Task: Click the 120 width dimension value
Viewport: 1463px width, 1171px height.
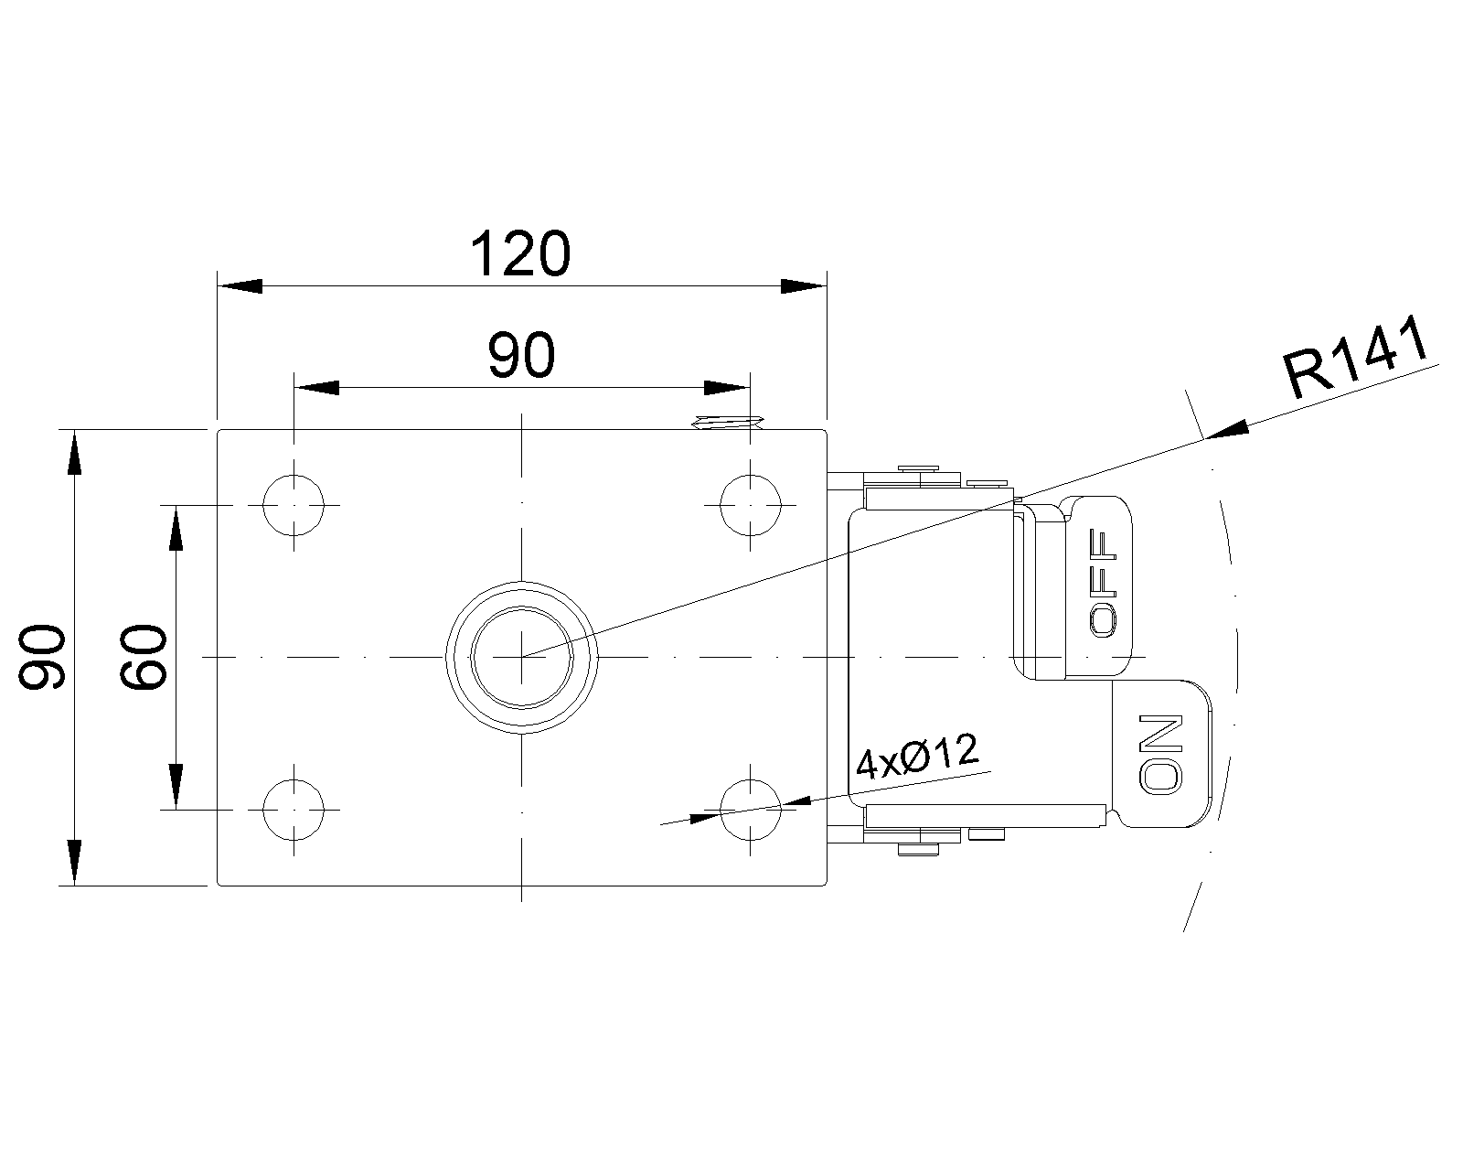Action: [520, 253]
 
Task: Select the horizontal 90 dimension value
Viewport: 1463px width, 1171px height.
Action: [521, 356]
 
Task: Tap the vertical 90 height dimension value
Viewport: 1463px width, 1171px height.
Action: [42, 657]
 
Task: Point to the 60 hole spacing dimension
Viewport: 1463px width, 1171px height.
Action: [143, 657]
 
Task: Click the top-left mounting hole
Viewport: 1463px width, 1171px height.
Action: [294, 505]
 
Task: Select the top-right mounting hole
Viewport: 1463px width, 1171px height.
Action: [750, 505]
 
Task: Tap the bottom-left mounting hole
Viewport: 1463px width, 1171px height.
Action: [294, 810]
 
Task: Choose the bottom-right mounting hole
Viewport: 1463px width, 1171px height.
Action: [750, 810]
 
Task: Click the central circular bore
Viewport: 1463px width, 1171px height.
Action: [521, 657]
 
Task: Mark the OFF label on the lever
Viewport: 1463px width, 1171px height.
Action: [1103, 583]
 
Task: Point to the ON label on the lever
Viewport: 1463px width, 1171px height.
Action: [1160, 755]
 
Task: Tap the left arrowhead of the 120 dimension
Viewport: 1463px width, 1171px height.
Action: [240, 285]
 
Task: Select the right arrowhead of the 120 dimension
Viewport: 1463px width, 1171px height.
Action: [804, 285]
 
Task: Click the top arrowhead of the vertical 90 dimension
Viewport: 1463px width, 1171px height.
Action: [75, 453]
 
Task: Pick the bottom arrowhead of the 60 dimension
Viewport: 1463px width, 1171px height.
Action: [176, 787]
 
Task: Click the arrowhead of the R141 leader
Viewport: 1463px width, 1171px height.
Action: [1227, 430]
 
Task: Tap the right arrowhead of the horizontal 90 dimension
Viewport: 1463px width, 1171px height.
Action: [727, 388]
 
